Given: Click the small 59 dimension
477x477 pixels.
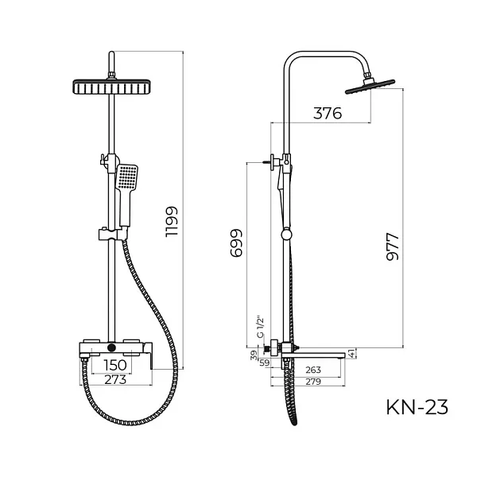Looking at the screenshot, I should [265, 363].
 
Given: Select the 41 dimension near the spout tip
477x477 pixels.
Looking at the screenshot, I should [352, 355].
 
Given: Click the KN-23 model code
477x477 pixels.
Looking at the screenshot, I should [417, 408].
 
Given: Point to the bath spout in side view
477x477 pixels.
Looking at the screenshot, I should [318, 350].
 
